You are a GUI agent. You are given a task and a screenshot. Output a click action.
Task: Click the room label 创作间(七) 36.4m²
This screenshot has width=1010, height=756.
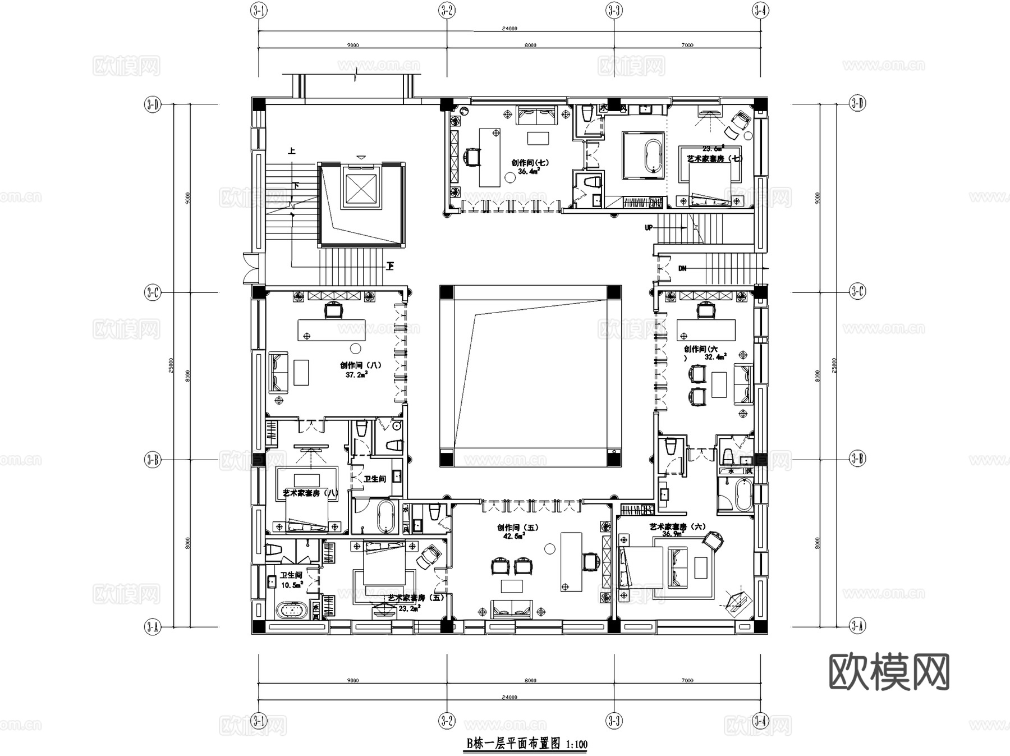point(529,167)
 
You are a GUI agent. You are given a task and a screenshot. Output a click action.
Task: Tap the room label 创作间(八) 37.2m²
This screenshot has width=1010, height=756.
point(360,369)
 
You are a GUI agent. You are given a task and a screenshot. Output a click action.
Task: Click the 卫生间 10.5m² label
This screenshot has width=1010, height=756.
point(291,580)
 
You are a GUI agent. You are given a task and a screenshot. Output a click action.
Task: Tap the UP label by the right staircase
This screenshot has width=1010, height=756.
point(649,227)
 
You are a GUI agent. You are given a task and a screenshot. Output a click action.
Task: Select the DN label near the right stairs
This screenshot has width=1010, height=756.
point(682,268)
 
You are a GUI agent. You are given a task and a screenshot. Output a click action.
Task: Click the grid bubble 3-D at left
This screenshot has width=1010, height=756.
point(153,104)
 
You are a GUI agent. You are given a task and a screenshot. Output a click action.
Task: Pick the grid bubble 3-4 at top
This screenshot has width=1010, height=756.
point(760,11)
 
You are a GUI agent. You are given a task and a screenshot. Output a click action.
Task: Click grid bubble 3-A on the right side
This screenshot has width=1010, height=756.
point(857,625)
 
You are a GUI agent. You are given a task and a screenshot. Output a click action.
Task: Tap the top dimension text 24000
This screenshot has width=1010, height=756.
point(509,28)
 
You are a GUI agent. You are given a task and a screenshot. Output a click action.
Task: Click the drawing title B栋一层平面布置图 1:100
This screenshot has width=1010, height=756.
point(527,744)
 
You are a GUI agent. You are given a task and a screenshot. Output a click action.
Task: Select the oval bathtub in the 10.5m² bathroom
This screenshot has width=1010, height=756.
point(291,611)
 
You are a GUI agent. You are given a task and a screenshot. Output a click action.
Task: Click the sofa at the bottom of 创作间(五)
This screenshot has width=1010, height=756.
point(511,608)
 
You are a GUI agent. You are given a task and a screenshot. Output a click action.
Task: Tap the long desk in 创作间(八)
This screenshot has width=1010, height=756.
point(331,330)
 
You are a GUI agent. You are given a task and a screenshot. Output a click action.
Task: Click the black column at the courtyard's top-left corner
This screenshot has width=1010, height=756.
point(447,292)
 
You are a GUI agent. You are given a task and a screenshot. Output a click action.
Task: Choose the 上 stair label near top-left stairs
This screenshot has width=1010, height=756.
point(292,151)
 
